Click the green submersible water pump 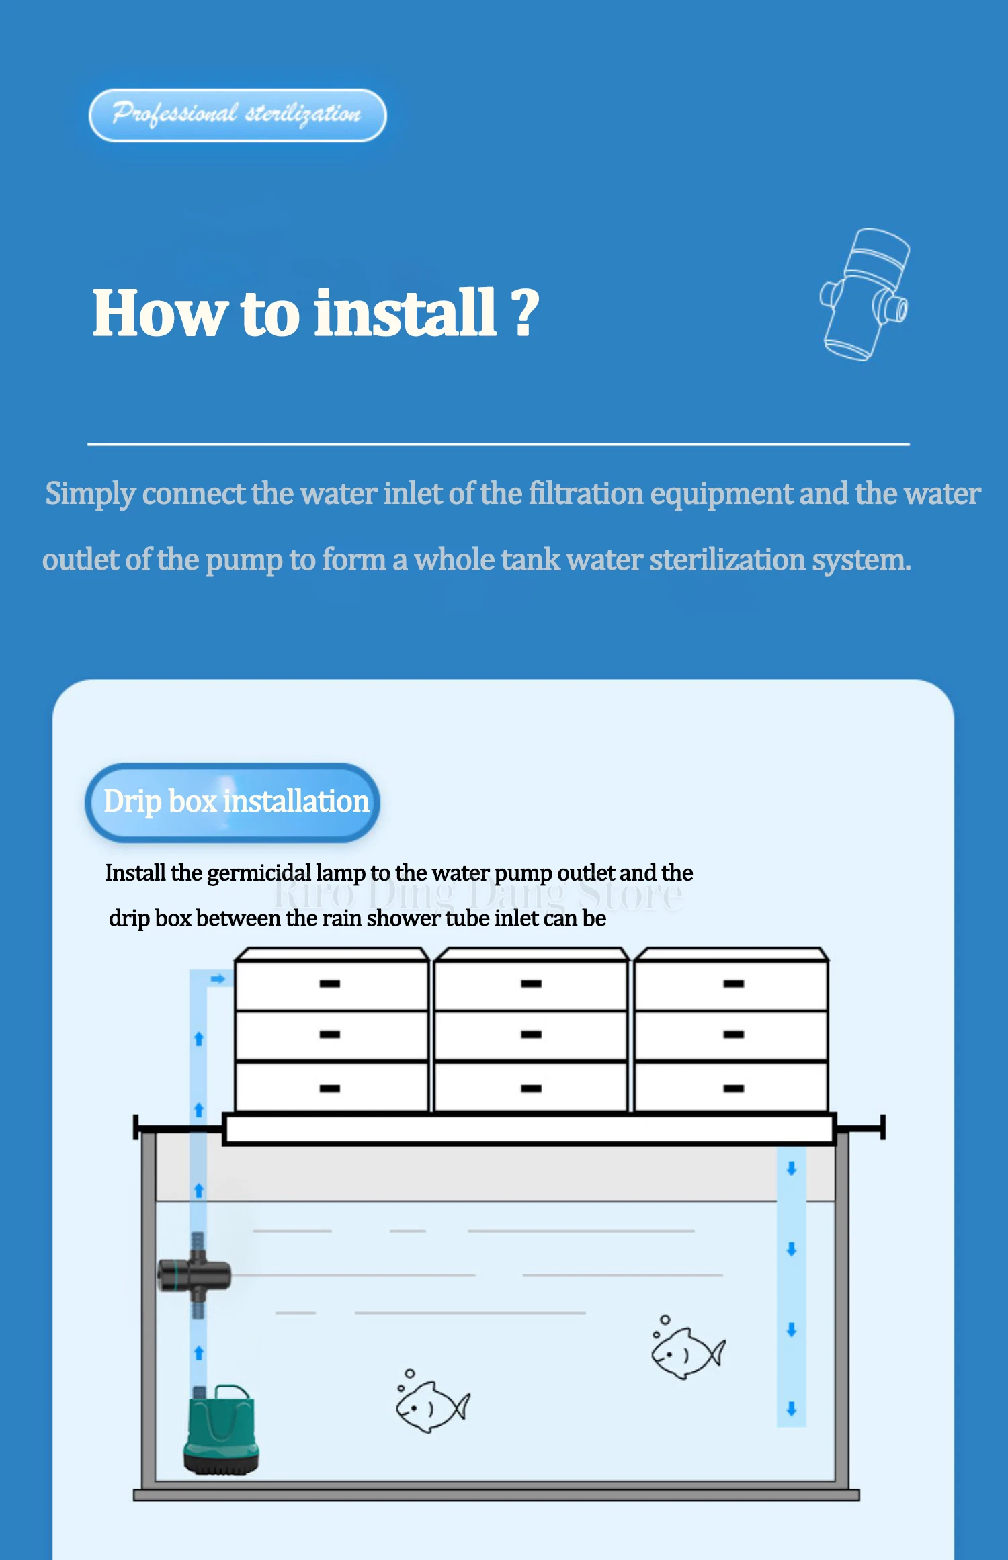[x=221, y=1430]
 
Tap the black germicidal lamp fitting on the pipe [x=194, y=1274]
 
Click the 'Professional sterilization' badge [x=238, y=115]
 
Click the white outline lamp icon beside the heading [x=866, y=294]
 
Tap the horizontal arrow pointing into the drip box [x=218, y=979]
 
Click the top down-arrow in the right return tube [x=792, y=1168]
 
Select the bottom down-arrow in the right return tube [x=792, y=1409]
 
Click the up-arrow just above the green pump [x=199, y=1352]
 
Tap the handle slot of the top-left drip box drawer [x=330, y=984]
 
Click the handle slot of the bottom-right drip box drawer [x=734, y=1088]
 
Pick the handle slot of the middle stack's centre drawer [x=531, y=1035]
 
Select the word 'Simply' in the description [x=91, y=494]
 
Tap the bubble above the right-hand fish [x=665, y=1320]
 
